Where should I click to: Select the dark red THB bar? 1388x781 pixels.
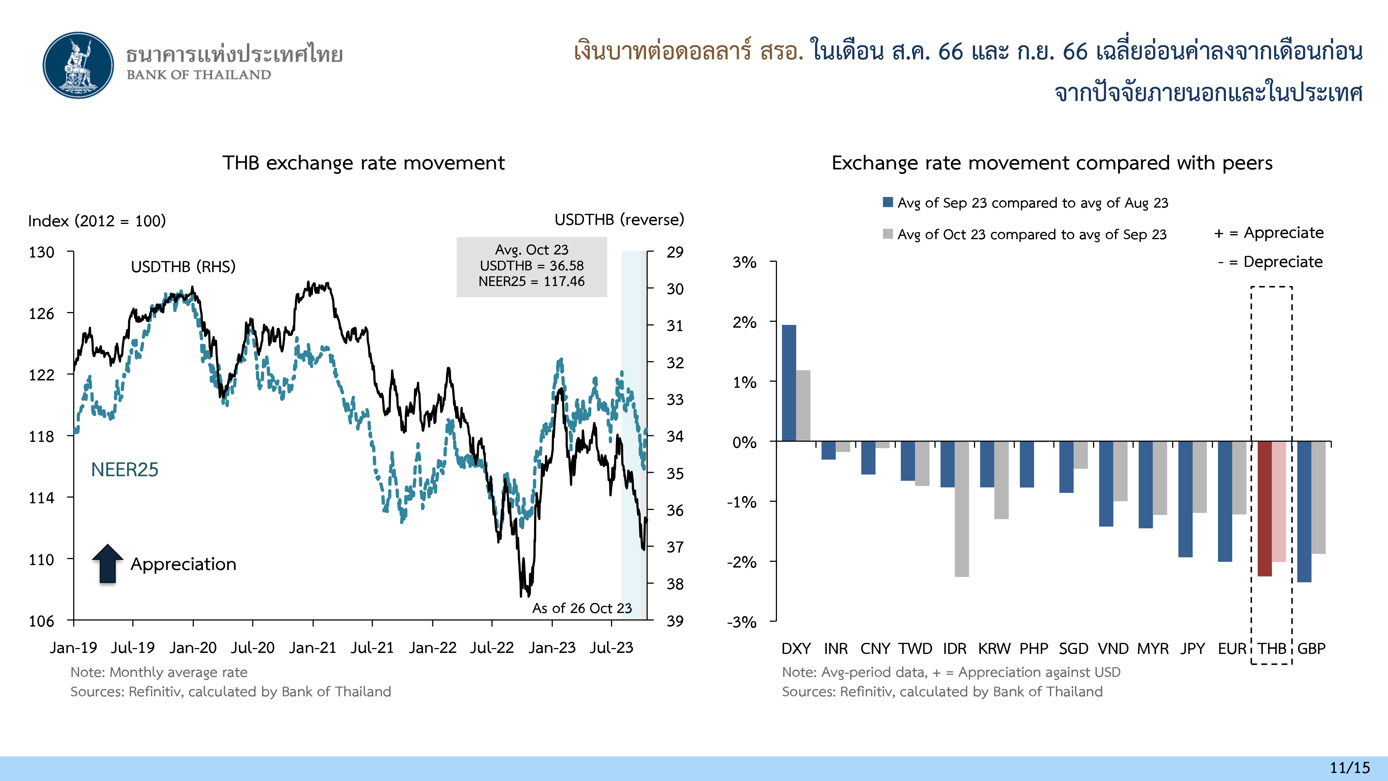tap(1264, 508)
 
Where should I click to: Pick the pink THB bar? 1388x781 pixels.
tap(1279, 501)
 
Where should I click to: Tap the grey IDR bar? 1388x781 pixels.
tap(962, 509)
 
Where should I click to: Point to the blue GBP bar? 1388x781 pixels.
tap(1304, 512)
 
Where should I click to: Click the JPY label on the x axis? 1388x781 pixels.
tap(1192, 648)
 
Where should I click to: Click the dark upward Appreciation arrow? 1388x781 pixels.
tap(108, 563)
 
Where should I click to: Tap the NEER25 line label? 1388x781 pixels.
tap(125, 469)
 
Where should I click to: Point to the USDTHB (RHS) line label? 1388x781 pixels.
tap(183, 267)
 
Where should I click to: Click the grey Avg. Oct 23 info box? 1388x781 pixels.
tap(531, 266)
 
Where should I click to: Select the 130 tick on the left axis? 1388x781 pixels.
tap(42, 252)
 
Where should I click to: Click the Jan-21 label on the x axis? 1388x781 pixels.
tap(313, 647)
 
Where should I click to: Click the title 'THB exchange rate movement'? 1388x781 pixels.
tap(364, 163)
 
